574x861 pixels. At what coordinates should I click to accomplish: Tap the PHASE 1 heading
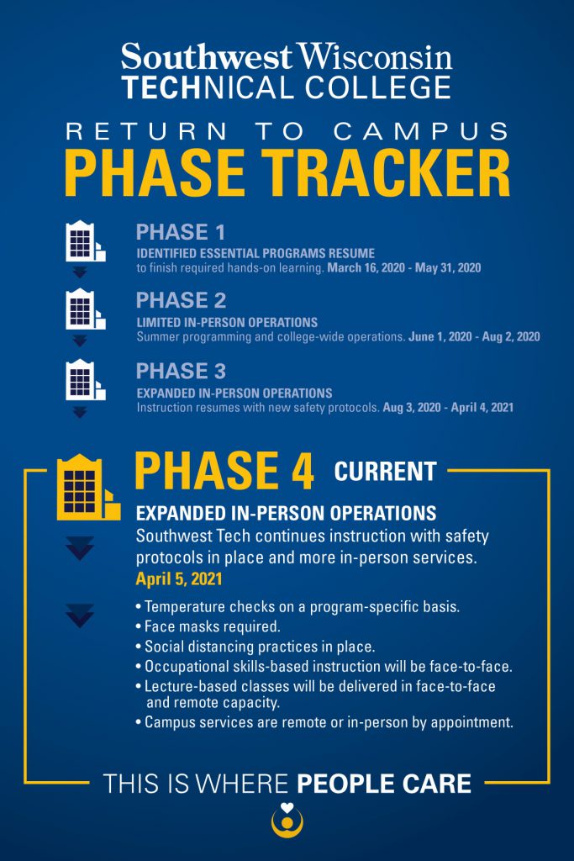pyautogui.click(x=181, y=233)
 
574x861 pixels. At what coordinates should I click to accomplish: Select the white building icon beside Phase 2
pyautogui.click(x=85, y=309)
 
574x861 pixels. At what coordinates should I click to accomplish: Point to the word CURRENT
pyautogui.click(x=385, y=472)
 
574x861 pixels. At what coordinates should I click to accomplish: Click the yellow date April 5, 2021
pyautogui.click(x=177, y=578)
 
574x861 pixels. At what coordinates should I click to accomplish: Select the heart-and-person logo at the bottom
pyautogui.click(x=287, y=820)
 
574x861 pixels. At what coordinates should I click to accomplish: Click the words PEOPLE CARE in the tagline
pyautogui.click(x=384, y=784)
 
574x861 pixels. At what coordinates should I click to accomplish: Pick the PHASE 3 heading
pyautogui.click(x=181, y=371)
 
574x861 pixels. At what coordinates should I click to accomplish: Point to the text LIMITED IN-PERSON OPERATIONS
pyautogui.click(x=227, y=323)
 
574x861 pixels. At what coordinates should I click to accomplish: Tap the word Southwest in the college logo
pyautogui.click(x=207, y=58)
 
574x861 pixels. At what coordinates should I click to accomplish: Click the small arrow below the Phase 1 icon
pyautogui.click(x=80, y=272)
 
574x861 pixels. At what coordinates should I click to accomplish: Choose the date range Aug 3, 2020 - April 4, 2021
pyautogui.click(x=448, y=407)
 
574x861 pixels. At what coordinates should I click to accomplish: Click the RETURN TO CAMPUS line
pyautogui.click(x=287, y=131)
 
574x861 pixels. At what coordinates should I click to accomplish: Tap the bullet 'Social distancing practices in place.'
pyautogui.click(x=259, y=647)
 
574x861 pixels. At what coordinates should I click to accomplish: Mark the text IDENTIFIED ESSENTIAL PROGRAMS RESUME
pyautogui.click(x=255, y=253)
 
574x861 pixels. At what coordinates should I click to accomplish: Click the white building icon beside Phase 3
pyautogui.click(x=85, y=379)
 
